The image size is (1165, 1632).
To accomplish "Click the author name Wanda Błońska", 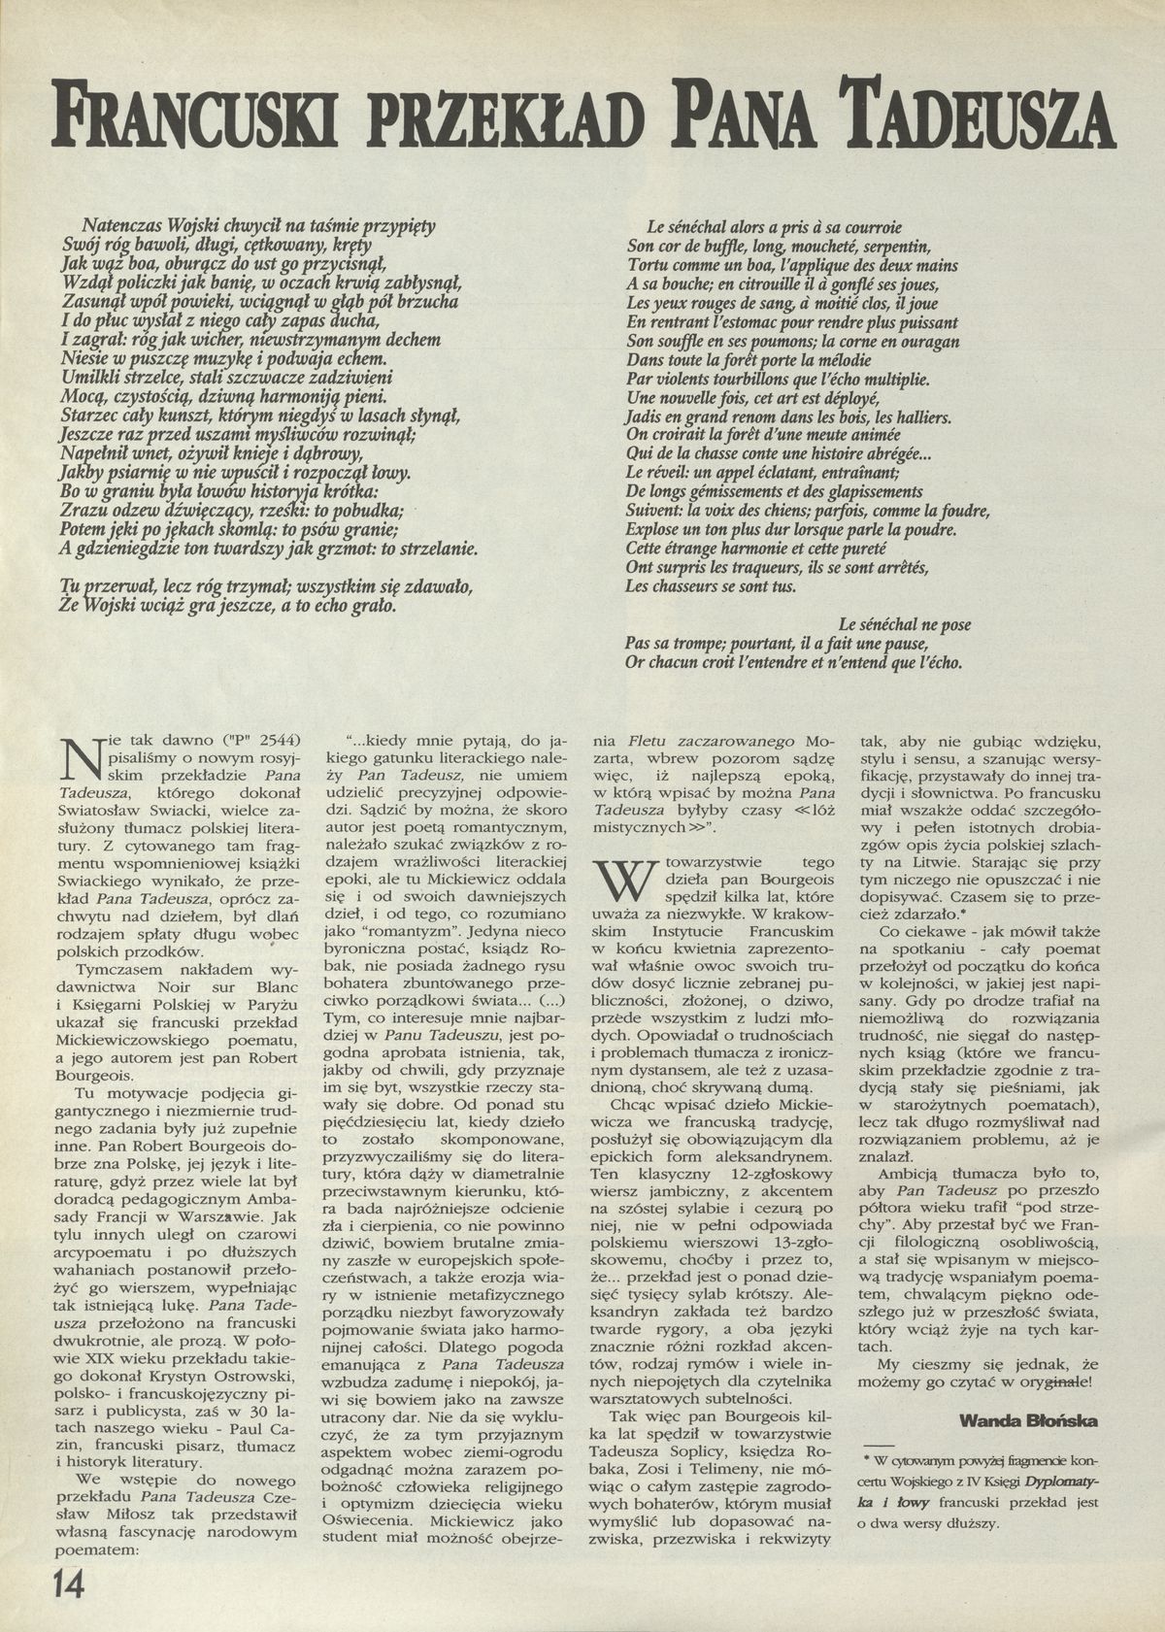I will pyautogui.click(x=1028, y=1420).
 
